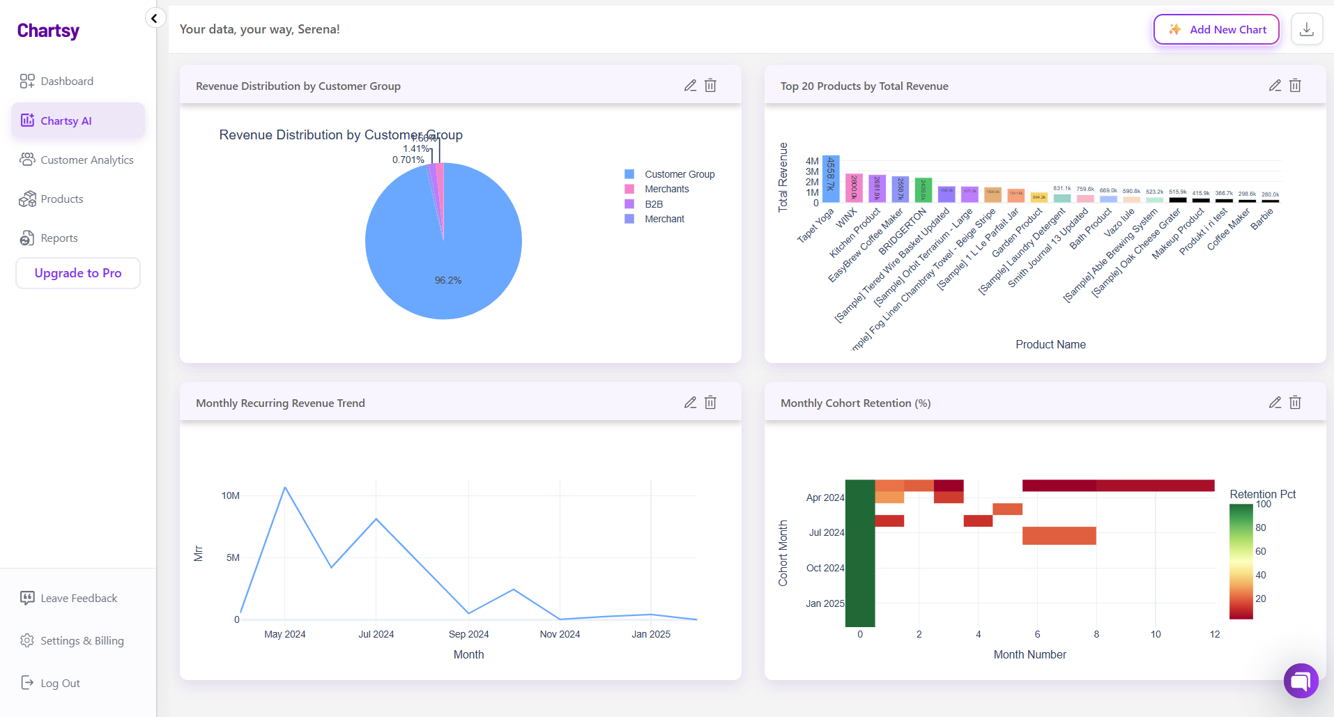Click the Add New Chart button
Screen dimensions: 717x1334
(1216, 29)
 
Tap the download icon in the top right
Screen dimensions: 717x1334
(1307, 29)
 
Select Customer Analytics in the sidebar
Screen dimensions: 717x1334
(86, 160)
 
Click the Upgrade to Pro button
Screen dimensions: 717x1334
(78, 273)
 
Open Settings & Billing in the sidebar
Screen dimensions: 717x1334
(82, 640)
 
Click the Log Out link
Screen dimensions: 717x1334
(60, 683)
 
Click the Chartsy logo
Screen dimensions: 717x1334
(48, 31)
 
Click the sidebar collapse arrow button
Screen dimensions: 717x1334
(155, 18)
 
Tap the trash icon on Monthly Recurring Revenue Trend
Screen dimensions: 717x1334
(710, 403)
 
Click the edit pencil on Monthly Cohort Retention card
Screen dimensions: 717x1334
(1275, 403)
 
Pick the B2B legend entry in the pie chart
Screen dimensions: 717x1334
(653, 204)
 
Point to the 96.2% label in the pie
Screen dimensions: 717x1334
(448, 280)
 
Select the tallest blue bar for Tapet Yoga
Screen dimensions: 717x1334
(831, 178)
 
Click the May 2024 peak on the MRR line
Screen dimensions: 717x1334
(285, 488)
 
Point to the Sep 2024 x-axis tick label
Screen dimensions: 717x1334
(468, 634)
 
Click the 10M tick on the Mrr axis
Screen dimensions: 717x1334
(230, 495)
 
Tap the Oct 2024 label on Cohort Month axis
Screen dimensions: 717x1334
(825, 568)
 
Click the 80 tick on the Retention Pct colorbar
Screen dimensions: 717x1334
(1261, 527)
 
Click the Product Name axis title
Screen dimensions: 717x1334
(1050, 344)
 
